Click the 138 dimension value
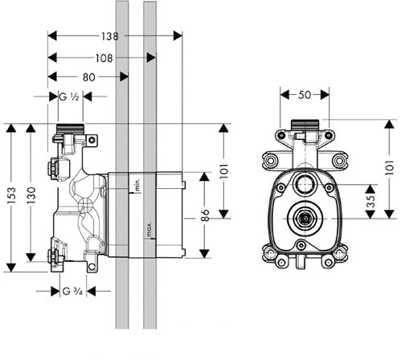click(110, 36)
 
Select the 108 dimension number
click(104, 58)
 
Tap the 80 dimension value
click(89, 77)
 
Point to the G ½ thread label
click(69, 96)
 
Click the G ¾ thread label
click(72, 291)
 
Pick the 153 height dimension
click(11, 196)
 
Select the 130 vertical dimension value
click(31, 195)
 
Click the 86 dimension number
click(205, 215)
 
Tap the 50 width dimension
click(305, 95)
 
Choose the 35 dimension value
click(370, 202)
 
